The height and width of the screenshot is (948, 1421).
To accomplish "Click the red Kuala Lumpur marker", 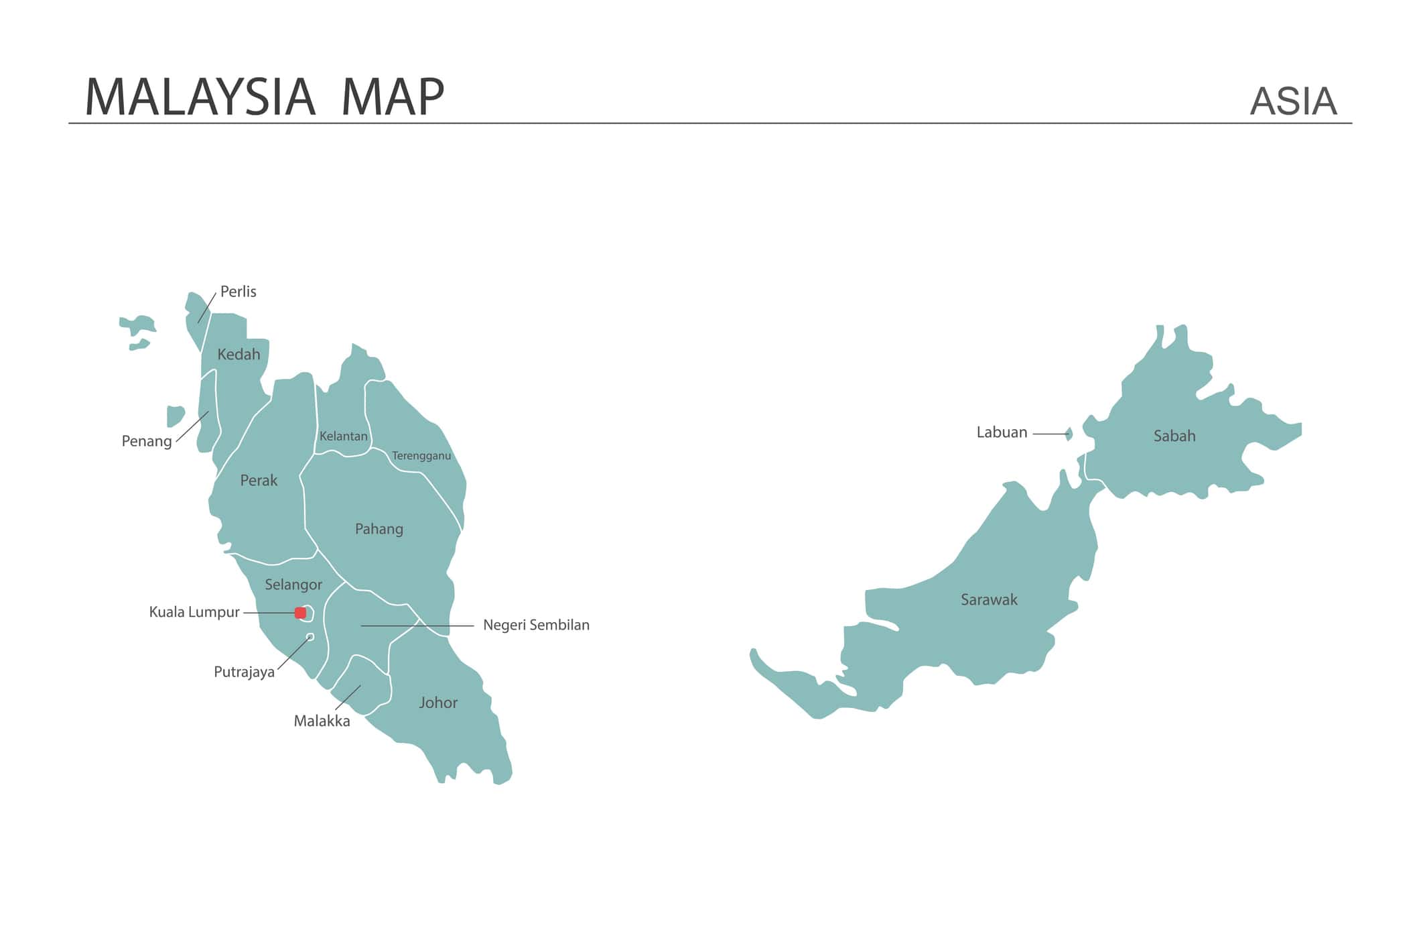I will (x=300, y=613).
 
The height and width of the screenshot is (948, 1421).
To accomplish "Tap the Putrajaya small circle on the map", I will (x=310, y=637).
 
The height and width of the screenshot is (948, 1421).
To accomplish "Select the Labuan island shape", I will (x=1069, y=434).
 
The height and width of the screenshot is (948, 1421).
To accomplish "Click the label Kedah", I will (x=239, y=355).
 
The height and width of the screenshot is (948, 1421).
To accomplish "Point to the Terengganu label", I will (x=421, y=456).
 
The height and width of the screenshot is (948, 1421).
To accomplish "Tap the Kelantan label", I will (x=343, y=436).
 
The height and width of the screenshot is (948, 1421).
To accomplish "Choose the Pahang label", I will (x=379, y=529).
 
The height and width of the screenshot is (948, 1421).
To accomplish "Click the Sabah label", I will (x=1174, y=436).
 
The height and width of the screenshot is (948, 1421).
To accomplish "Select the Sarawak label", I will (x=988, y=599).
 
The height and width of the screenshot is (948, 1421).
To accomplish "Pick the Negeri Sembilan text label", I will (x=536, y=625).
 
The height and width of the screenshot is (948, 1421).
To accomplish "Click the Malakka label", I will (x=322, y=721).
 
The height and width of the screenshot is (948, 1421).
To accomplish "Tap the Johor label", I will (x=438, y=703).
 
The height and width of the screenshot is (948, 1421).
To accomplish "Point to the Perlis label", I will (x=238, y=292).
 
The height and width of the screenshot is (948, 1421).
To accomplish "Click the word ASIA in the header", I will (x=1292, y=101).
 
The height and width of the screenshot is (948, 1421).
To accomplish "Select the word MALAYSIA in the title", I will (x=200, y=98).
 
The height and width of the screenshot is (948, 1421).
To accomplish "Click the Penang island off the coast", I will (x=176, y=416).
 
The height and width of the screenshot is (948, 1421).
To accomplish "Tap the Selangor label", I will (x=293, y=585).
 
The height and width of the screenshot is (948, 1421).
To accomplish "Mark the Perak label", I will (x=259, y=481).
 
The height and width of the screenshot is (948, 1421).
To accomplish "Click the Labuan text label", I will (x=1001, y=432).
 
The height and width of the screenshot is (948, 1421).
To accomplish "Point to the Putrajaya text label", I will (x=244, y=672).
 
